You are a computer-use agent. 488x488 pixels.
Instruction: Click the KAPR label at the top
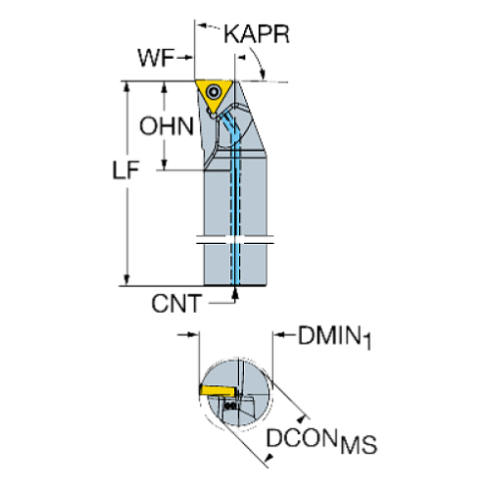pos(257,35)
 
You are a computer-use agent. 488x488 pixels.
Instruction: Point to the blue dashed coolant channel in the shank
pos(237,219)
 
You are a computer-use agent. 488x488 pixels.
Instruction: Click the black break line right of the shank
pos(258,241)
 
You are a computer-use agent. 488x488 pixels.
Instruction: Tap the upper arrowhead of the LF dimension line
pos(126,88)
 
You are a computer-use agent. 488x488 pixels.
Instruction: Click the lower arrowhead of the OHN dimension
pos(166,165)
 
